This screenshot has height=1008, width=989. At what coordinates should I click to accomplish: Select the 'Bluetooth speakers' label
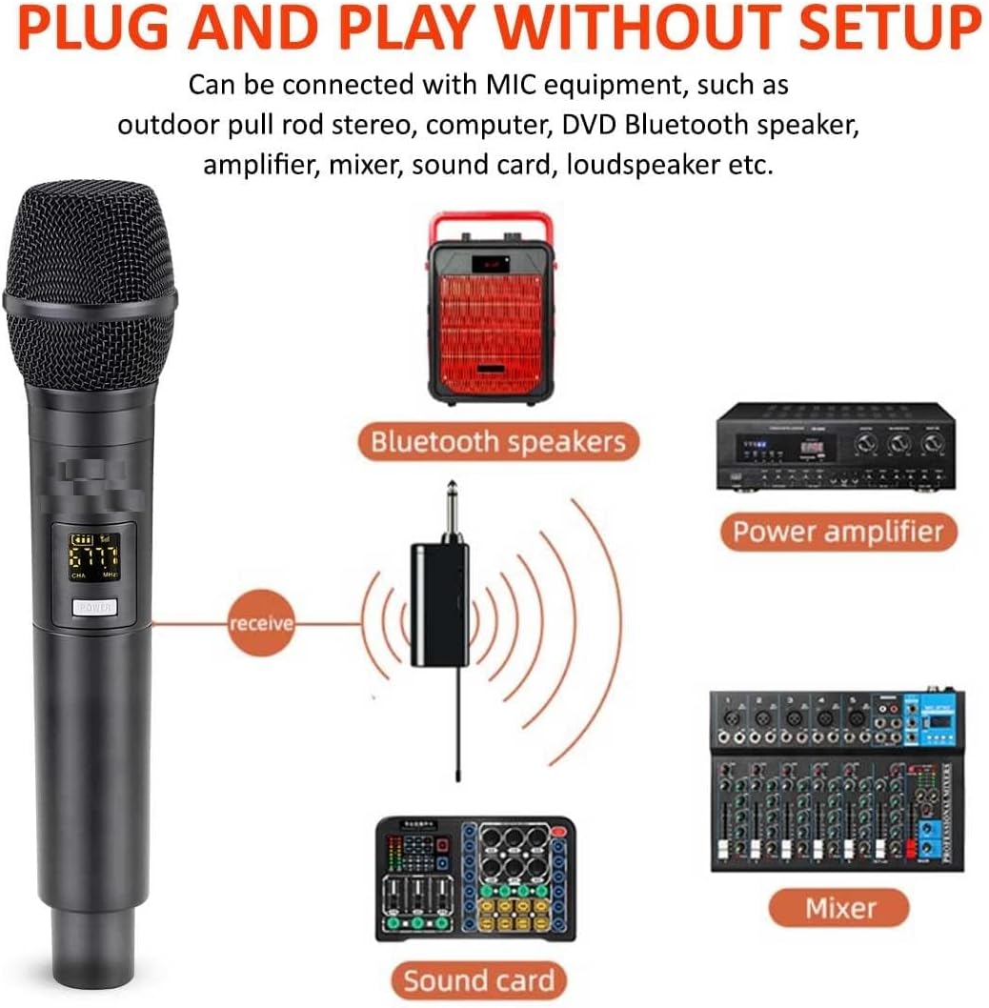coord(498,442)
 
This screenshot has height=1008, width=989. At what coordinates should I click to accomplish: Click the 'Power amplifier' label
coord(838,531)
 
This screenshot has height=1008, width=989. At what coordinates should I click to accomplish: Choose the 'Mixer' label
coord(839,907)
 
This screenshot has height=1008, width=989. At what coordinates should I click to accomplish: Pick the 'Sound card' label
coord(476,979)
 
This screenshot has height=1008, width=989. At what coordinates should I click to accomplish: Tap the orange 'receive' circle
coord(261,624)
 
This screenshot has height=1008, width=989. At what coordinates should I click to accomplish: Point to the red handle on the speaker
coord(492,226)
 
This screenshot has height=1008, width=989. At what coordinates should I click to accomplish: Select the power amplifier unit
coord(835,446)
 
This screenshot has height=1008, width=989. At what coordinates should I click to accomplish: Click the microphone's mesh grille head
coord(91,276)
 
